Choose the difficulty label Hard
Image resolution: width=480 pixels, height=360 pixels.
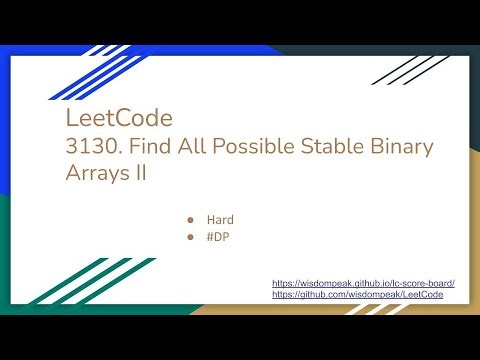(220, 218)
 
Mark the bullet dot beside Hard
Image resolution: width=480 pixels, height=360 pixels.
(189, 218)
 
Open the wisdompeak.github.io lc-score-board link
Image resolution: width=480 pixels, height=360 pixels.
(363, 284)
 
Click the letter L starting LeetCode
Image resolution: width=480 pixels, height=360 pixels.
(68, 119)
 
